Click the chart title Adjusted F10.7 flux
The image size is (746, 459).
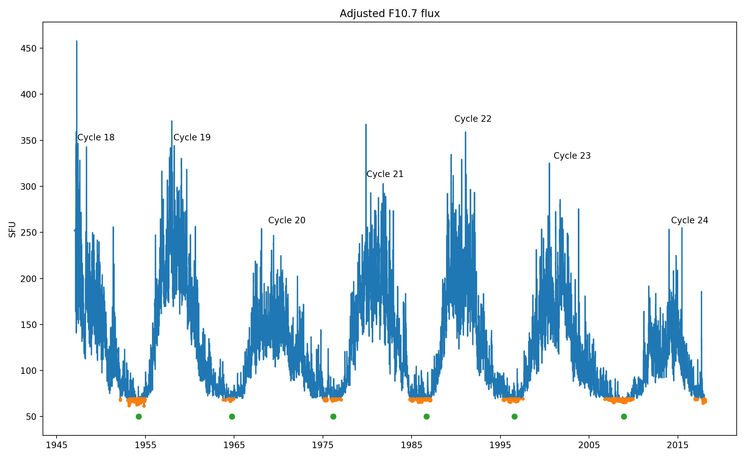coord(389,14)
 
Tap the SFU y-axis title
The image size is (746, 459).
coord(12,229)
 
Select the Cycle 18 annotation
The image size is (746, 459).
coord(96,137)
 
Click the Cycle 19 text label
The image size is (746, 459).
coord(192,137)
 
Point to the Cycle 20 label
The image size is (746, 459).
coord(287,220)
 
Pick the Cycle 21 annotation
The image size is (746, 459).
coord(385,174)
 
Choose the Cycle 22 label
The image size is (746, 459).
coord(473,119)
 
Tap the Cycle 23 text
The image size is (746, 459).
coord(572,156)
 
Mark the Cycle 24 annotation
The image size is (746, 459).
coord(689,220)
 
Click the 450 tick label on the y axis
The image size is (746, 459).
coord(29,48)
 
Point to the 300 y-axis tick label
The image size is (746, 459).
coord(29,187)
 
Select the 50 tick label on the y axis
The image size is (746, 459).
coord(31,417)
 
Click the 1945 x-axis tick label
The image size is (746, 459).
coord(57,445)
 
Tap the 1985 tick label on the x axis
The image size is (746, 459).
coord(412,445)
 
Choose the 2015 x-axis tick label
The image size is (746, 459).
coord(678,445)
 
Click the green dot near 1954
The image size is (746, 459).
coord(139,416)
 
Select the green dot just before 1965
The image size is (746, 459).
coord(232,416)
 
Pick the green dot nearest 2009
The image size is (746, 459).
coord(624,416)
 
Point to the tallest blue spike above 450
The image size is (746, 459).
coord(76,42)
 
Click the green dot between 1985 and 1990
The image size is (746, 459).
coord(426,416)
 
